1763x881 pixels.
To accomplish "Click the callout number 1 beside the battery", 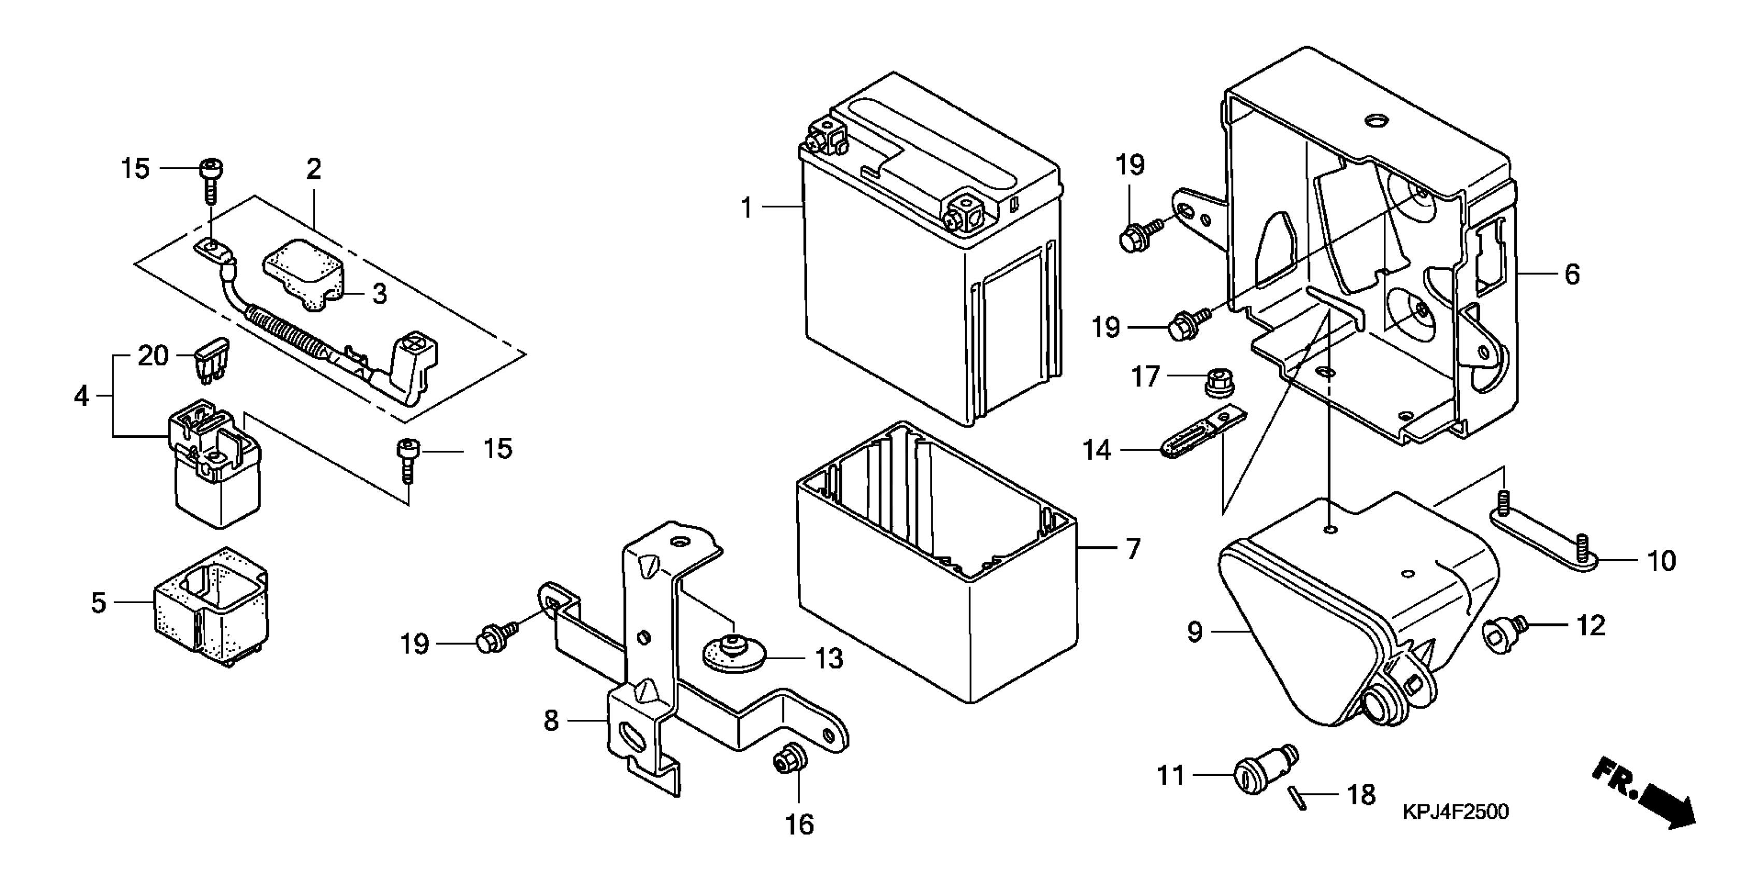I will (x=747, y=207).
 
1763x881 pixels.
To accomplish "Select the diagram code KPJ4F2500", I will (x=1455, y=812).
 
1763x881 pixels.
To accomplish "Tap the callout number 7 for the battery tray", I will (x=1133, y=549).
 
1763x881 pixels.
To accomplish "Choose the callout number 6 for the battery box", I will (x=1572, y=275).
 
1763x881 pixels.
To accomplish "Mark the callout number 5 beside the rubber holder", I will (x=99, y=602).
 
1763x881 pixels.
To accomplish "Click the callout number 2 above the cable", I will (x=313, y=169).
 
